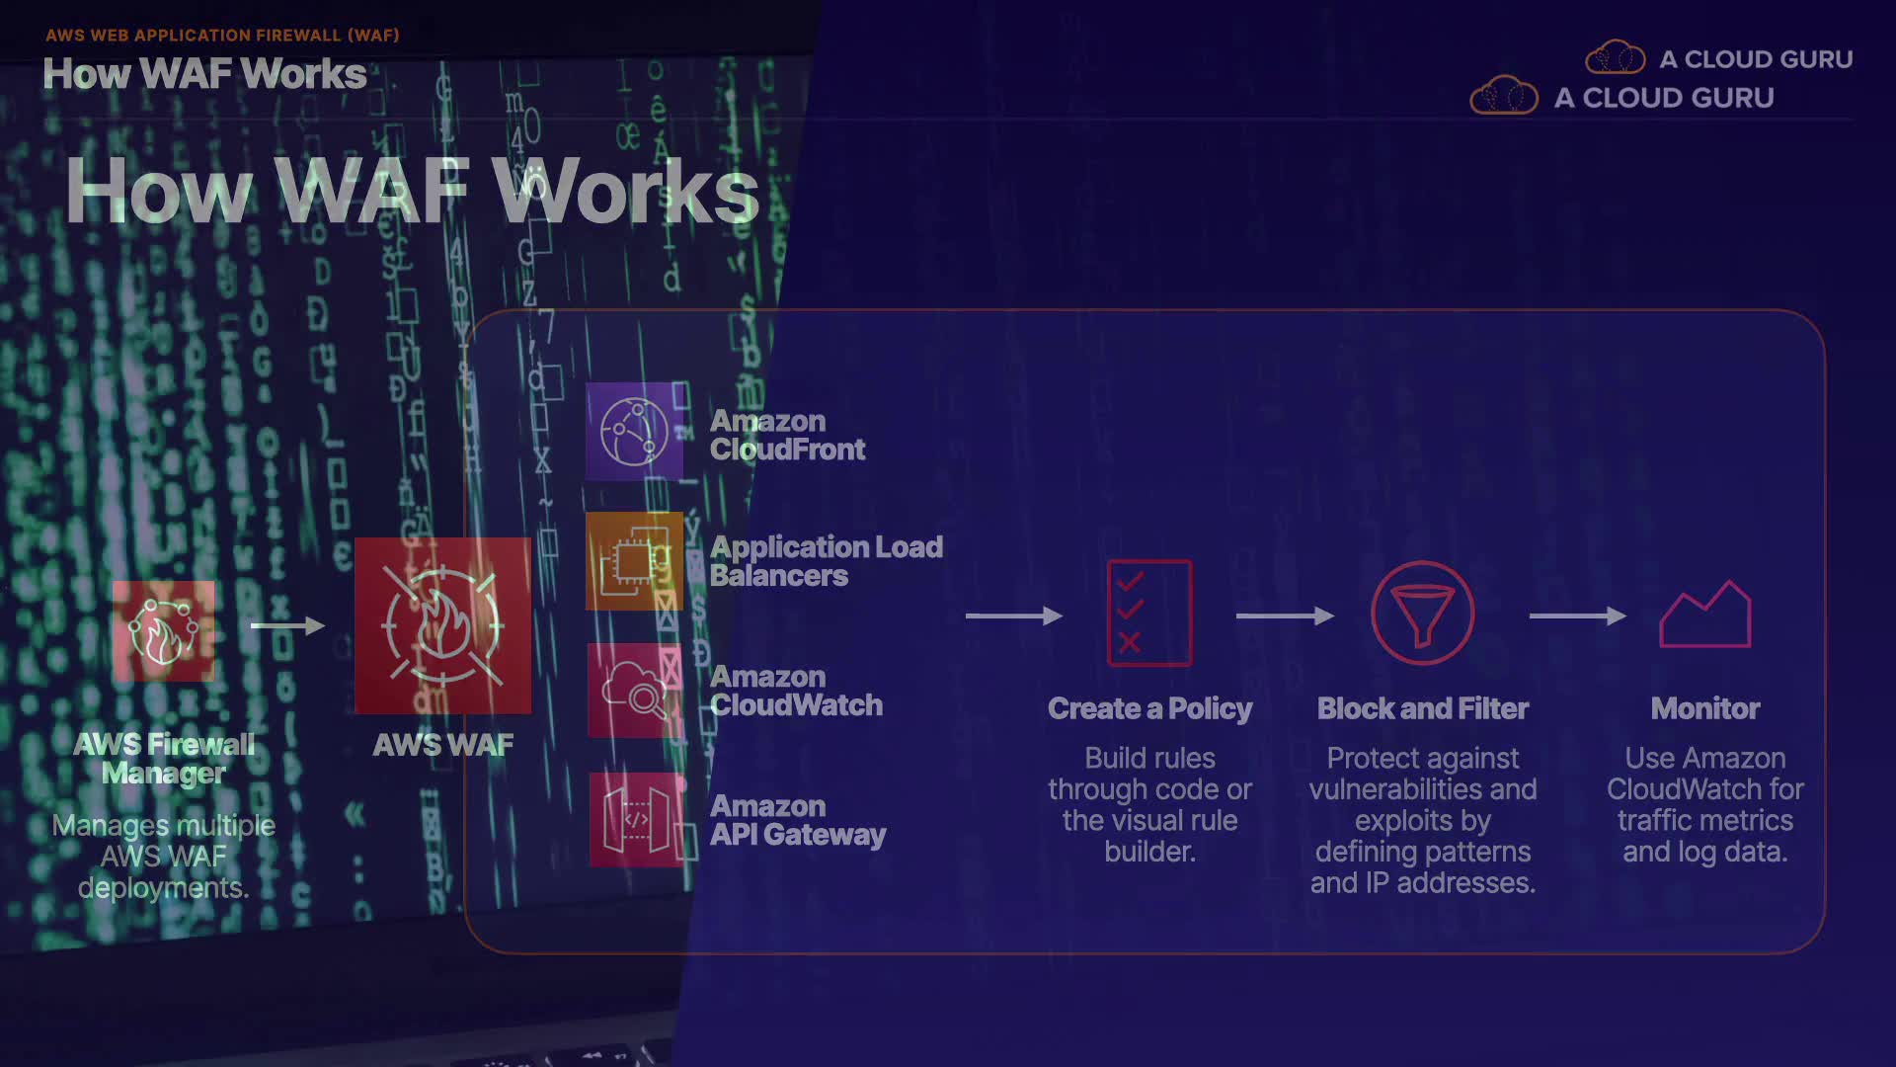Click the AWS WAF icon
point(442,625)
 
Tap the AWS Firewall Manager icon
point(163,631)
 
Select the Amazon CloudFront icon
point(634,432)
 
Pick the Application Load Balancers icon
point(634,560)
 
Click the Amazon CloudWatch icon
point(634,691)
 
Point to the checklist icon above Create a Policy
point(1149,613)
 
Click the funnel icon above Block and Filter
point(1422,613)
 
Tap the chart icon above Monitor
point(1705,615)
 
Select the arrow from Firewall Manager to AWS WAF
point(287,625)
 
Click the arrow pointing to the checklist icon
point(1013,616)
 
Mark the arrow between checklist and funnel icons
point(1285,616)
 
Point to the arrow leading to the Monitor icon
point(1577,616)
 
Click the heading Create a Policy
point(1149,708)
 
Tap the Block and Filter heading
point(1422,708)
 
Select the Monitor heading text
point(1705,708)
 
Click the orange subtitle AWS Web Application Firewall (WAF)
point(222,36)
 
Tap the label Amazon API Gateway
point(797,820)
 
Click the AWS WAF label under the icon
point(442,745)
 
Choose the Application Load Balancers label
point(826,561)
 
